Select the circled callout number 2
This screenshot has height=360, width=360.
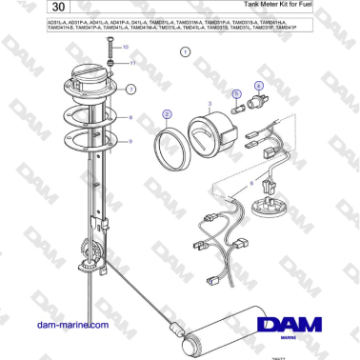pyautogui.click(x=168, y=114)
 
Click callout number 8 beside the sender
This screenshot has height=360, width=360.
pyautogui.click(x=125, y=47)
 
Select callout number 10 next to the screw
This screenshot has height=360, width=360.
pyautogui.click(x=125, y=47)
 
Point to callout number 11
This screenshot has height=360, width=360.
pyautogui.click(x=132, y=62)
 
